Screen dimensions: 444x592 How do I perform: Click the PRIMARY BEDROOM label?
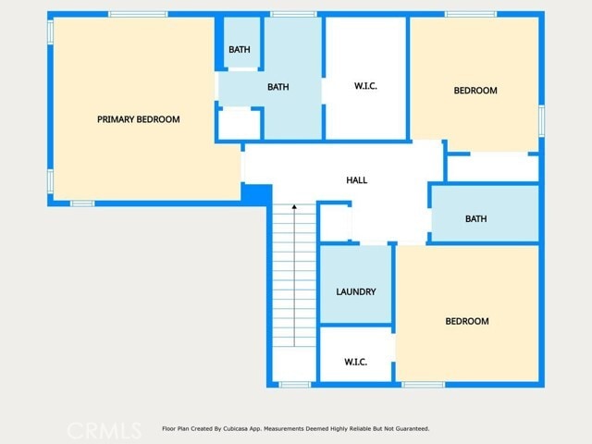tap(139, 119)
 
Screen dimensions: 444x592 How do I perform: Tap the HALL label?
tap(356, 180)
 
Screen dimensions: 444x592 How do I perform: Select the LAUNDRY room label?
tap(355, 292)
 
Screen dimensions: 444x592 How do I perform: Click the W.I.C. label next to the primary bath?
tap(365, 87)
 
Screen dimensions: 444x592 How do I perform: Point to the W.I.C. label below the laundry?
tap(355, 362)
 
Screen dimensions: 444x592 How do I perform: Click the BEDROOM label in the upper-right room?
tap(475, 91)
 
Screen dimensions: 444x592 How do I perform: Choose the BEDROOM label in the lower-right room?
tap(467, 322)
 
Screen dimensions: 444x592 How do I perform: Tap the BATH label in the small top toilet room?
tap(240, 50)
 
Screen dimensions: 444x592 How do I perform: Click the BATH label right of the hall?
tap(475, 219)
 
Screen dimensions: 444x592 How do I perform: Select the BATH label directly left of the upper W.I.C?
tap(277, 88)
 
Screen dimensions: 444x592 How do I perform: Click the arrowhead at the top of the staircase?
tap(294, 208)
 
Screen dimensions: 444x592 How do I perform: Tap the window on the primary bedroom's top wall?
tap(138, 14)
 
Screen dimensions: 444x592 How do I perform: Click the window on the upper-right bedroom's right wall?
tap(541, 119)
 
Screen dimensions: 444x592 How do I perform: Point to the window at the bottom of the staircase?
tap(294, 384)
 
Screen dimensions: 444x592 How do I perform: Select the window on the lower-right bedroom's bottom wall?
tap(423, 384)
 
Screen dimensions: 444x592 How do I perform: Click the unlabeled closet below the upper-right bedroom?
tap(492, 168)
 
